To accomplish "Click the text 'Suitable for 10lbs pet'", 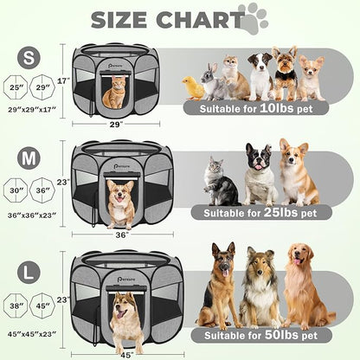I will point(255,109).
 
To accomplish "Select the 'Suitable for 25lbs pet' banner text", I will point(260,212).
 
